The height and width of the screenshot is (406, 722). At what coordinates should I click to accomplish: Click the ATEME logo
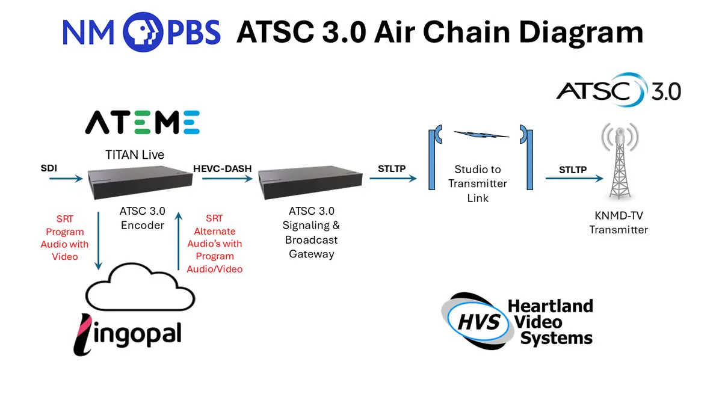click(x=142, y=122)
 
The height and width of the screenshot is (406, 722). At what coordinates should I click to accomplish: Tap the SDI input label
click(x=49, y=168)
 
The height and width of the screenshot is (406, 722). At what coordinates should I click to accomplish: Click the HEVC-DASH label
click(x=223, y=169)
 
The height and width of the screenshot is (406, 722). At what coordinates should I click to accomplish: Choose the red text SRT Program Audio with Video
click(x=64, y=238)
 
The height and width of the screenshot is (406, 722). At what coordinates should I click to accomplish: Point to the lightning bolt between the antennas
click(x=481, y=134)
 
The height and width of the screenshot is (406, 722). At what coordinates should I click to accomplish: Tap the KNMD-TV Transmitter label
click(x=619, y=224)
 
